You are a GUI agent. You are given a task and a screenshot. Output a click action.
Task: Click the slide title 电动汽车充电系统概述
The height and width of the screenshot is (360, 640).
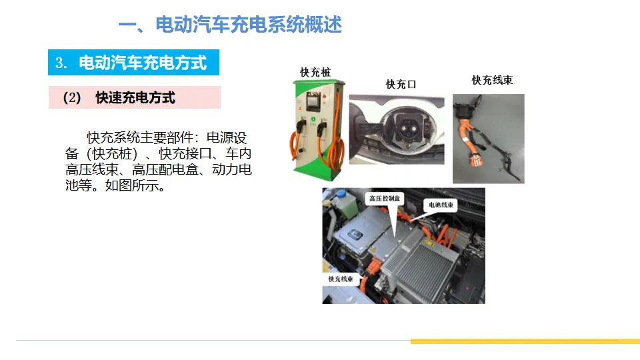point(249,25)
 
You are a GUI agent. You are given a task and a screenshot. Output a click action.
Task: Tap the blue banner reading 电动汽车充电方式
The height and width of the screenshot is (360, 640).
point(133,63)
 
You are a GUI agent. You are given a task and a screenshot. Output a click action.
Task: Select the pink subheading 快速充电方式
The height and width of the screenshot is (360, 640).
point(135,97)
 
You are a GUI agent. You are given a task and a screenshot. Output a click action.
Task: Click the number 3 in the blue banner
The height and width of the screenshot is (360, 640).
point(59,63)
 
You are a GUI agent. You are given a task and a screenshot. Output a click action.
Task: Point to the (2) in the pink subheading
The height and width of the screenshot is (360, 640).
point(72,98)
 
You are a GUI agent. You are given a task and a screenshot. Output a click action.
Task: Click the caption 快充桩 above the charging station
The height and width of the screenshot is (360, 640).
point(315,73)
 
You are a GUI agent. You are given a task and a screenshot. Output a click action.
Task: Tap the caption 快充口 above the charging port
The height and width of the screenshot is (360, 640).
point(401,85)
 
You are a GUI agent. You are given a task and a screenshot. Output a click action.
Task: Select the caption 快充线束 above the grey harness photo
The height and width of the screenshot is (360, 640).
point(492,80)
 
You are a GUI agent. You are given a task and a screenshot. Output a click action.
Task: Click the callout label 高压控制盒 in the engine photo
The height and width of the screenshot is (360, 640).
point(385,199)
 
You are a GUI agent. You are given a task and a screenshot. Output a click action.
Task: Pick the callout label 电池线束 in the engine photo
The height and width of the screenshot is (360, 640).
point(441,205)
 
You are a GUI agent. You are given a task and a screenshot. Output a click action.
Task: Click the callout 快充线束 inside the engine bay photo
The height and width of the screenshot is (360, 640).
point(341,279)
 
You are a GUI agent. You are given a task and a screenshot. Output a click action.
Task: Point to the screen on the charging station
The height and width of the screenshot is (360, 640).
point(313,101)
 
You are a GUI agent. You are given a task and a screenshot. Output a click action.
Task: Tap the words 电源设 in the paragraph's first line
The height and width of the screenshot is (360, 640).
point(227,138)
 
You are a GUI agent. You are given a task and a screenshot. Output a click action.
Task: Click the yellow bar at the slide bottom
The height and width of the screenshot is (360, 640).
point(525,341)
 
